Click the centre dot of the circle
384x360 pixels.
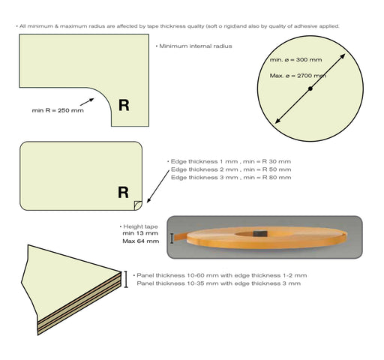click(310, 88)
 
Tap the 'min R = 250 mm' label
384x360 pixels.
click(58, 110)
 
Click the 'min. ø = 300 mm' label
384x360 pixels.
click(295, 60)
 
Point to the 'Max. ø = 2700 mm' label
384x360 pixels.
click(298, 76)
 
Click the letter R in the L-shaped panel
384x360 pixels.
click(124, 105)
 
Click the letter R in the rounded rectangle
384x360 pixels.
click(123, 193)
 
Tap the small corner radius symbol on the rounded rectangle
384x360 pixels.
click(138, 205)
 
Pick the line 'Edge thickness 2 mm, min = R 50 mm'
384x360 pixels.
click(231, 169)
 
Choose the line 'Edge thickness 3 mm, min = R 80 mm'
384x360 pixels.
click(231, 178)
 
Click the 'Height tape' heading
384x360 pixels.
click(140, 226)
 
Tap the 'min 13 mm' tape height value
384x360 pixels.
click(140, 233)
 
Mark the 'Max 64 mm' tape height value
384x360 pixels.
click(141, 241)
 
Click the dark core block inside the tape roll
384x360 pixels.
click(260, 234)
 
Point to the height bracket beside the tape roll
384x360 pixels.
click(172, 238)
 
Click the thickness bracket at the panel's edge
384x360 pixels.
click(126, 279)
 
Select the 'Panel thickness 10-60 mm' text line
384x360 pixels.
click(222, 275)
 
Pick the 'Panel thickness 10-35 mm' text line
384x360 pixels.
click(219, 283)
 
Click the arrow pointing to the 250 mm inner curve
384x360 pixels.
click(87, 102)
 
